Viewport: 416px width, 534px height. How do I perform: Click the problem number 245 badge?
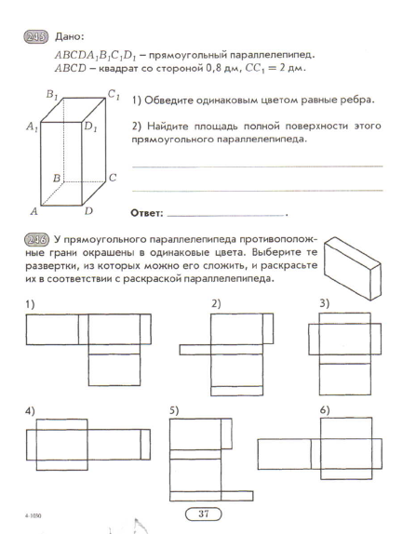[36, 37]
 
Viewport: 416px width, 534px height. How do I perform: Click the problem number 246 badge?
[37, 239]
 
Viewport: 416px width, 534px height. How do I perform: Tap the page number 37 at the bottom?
[204, 514]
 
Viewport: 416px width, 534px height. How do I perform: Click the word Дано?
[69, 37]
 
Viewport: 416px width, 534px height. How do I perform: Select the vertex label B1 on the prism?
[51, 94]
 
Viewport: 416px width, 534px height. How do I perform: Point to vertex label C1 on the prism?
[114, 94]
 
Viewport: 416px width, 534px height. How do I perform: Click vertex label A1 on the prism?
[32, 127]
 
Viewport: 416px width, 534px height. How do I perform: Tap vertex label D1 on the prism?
[90, 127]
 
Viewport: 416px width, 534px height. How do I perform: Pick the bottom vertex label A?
[34, 211]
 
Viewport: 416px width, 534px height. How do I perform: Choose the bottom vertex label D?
[88, 211]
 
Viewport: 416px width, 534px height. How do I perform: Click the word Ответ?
[147, 214]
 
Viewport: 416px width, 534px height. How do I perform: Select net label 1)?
[30, 304]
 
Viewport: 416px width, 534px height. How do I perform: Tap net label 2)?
[216, 303]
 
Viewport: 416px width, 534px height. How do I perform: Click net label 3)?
[325, 303]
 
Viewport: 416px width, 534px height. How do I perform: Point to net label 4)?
[30, 411]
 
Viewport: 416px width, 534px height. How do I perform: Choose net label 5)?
[174, 410]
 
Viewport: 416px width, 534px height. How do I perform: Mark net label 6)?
[325, 410]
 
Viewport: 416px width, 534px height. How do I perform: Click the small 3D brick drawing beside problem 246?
[353, 269]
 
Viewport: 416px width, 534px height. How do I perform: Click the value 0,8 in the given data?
[213, 68]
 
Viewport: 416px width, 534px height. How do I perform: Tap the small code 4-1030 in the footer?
[34, 516]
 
